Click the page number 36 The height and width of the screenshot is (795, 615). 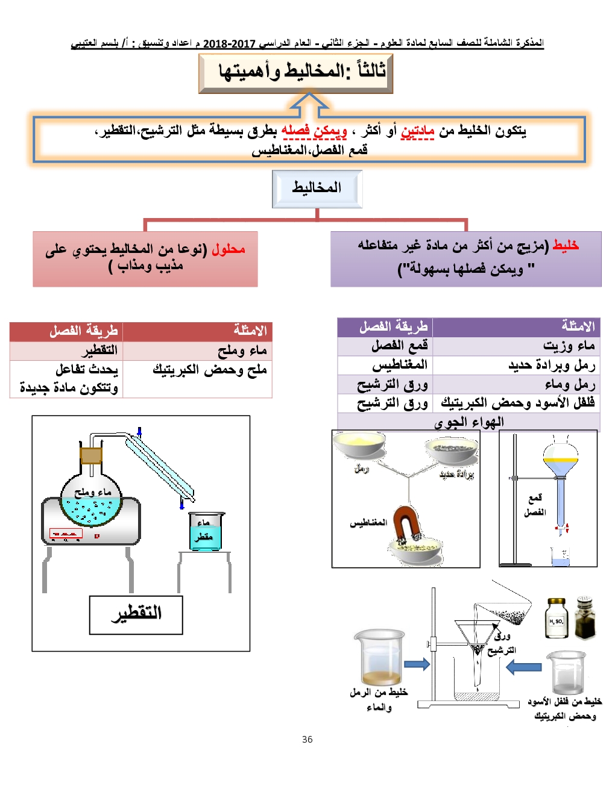point(307,740)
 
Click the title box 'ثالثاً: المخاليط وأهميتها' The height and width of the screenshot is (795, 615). point(296,73)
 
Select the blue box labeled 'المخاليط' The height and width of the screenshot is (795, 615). point(317,189)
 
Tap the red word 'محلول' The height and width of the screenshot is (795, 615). point(229,249)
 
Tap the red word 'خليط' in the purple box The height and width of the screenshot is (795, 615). point(566,245)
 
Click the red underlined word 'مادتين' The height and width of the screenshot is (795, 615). point(417,131)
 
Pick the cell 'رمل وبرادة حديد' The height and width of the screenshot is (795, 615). point(551,365)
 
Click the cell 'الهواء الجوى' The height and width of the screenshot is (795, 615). point(468,422)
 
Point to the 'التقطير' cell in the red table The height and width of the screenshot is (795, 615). point(99,351)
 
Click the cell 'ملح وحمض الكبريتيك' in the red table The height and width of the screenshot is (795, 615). point(209,370)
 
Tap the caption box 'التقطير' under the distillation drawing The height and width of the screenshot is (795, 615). point(136,614)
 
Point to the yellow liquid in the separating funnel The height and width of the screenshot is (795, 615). point(560,467)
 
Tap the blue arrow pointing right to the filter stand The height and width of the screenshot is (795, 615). point(417,664)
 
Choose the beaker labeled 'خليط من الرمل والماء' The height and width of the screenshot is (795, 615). point(380,659)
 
